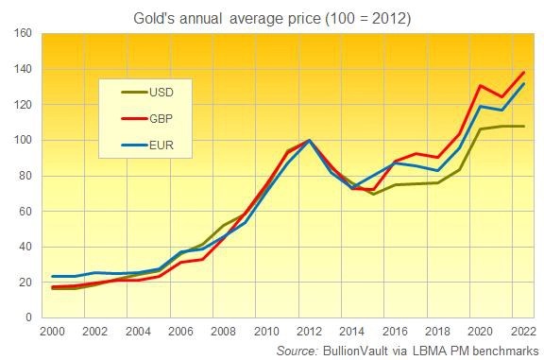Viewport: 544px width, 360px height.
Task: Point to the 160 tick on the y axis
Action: (23, 34)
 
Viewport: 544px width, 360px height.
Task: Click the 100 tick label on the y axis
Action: (23, 141)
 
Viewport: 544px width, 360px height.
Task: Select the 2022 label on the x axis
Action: (522, 333)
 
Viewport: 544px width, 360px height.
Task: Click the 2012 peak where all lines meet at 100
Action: (308, 141)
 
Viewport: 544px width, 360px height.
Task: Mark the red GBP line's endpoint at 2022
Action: (523, 73)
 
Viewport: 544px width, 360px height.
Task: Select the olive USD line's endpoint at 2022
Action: (523, 127)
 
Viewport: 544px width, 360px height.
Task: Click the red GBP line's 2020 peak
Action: (480, 86)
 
